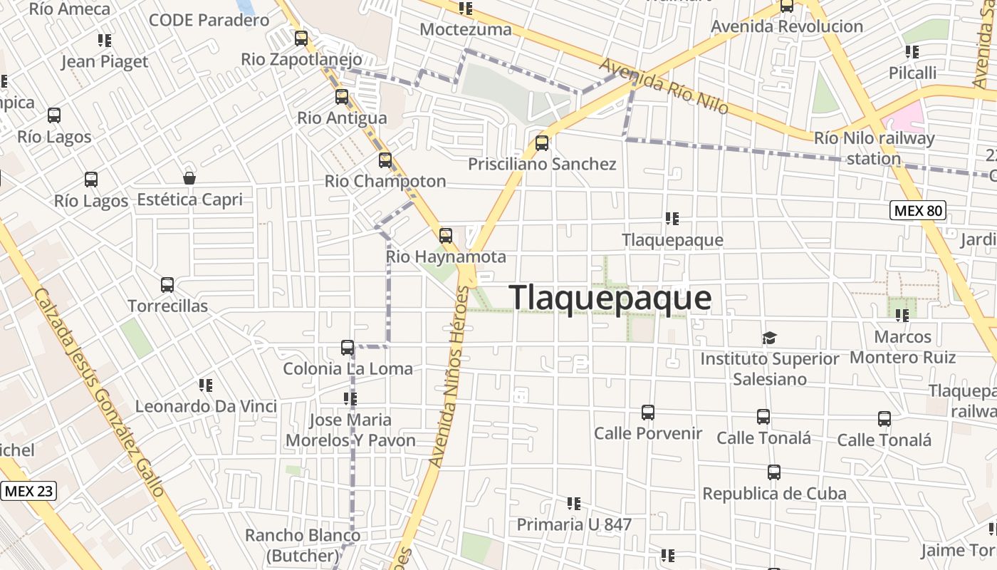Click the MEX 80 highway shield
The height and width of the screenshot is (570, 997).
coord(918,210)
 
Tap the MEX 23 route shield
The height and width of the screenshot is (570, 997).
coord(28,491)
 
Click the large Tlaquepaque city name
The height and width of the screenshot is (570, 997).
coord(610,298)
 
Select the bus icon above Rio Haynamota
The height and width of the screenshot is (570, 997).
coord(446,235)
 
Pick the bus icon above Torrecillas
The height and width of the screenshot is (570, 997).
coord(167,285)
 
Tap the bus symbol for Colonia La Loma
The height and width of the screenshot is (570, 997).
coord(348,348)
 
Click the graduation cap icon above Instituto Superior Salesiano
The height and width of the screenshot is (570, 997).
coord(769,338)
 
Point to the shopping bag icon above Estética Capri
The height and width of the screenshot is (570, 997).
coord(189,178)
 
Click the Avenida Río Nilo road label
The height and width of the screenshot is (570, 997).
coord(664,86)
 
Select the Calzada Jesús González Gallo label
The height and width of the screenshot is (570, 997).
coord(100,392)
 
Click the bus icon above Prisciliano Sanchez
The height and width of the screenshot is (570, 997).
coord(542,143)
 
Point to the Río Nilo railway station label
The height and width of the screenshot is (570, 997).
coord(874,148)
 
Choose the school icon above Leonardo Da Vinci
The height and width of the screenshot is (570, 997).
coord(206,385)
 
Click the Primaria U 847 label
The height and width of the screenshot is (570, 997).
coord(574,524)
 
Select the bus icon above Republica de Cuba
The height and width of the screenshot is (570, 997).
coord(774,472)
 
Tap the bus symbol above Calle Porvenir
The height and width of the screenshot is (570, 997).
coord(648,413)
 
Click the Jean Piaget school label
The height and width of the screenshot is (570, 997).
coord(105,61)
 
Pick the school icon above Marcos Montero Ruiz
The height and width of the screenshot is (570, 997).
coord(903,315)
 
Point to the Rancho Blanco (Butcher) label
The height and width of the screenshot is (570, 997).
coord(303,545)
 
